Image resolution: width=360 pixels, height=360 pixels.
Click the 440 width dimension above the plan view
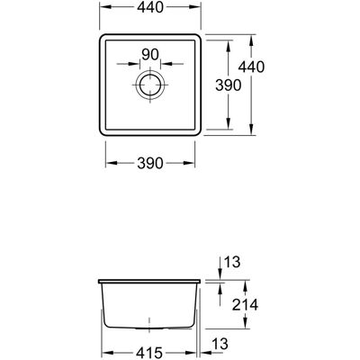point(150,7)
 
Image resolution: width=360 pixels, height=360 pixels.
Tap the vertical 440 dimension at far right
point(251,67)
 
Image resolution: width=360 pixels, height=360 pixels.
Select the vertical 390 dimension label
point(229,85)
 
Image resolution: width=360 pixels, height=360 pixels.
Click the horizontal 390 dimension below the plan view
point(150,163)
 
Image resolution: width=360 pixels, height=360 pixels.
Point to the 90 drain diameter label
point(150,55)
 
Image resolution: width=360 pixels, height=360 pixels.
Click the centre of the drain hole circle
point(150,85)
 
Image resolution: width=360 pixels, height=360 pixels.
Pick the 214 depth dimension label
point(245,305)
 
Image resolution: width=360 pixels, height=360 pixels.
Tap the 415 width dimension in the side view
point(149,352)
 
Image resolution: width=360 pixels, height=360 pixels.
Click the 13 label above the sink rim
point(232,262)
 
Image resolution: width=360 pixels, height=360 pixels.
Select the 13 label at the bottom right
point(220,344)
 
